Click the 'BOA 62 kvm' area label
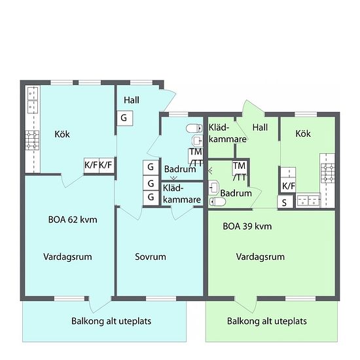[x=73, y=220]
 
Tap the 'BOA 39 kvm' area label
[x=247, y=226]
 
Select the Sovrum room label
[x=151, y=257]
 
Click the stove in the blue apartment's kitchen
[x=32, y=140]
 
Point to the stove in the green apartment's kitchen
[x=328, y=173]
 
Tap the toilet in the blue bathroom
[x=194, y=128]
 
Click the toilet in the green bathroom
[x=217, y=202]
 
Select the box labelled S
[x=285, y=202]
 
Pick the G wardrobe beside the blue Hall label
[x=124, y=118]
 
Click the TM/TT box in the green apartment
[x=240, y=171]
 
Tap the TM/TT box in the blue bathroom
[x=196, y=157]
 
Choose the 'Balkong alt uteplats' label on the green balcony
[x=267, y=321]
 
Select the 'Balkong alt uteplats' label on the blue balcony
[x=111, y=321]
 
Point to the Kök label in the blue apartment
[x=62, y=134]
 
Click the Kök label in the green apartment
[x=303, y=134]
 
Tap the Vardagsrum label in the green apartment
[x=261, y=257]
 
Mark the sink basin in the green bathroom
[x=214, y=188]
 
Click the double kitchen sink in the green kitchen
[x=308, y=200]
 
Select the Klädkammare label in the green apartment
[x=228, y=133]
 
